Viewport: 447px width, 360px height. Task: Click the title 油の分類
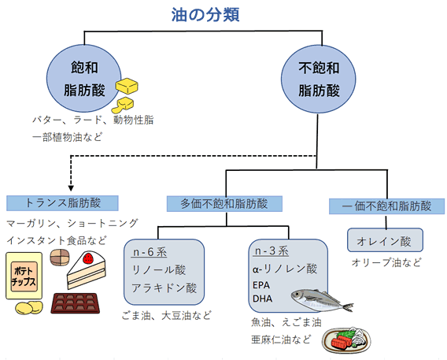tap(205, 15)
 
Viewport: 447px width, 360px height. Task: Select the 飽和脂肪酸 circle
tap(83, 78)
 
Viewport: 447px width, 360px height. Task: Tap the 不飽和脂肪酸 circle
tap(319, 79)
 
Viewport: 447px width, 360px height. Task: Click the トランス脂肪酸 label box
tap(62, 203)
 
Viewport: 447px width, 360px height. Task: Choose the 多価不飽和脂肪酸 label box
tap(224, 204)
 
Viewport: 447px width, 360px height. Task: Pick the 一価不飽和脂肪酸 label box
tap(386, 206)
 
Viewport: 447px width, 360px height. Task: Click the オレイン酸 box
tap(385, 240)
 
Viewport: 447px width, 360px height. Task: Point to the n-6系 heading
tap(150, 252)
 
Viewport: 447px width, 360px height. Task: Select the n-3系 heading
tap(272, 251)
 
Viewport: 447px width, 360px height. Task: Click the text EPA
tap(261, 285)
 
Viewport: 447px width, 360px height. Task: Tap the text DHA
tap(262, 299)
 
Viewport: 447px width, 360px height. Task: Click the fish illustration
tap(322, 300)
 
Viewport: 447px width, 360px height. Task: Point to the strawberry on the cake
tap(88, 258)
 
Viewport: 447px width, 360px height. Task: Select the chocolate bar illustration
tap(76, 303)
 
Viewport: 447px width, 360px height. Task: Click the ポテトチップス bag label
tap(24, 276)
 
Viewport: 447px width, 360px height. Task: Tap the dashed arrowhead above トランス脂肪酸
tap(71, 188)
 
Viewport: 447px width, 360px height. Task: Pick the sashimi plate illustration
tap(346, 340)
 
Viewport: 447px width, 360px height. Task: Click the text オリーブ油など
tap(386, 262)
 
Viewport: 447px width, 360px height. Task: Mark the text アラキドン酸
tap(164, 288)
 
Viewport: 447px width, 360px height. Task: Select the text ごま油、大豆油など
tap(166, 316)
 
